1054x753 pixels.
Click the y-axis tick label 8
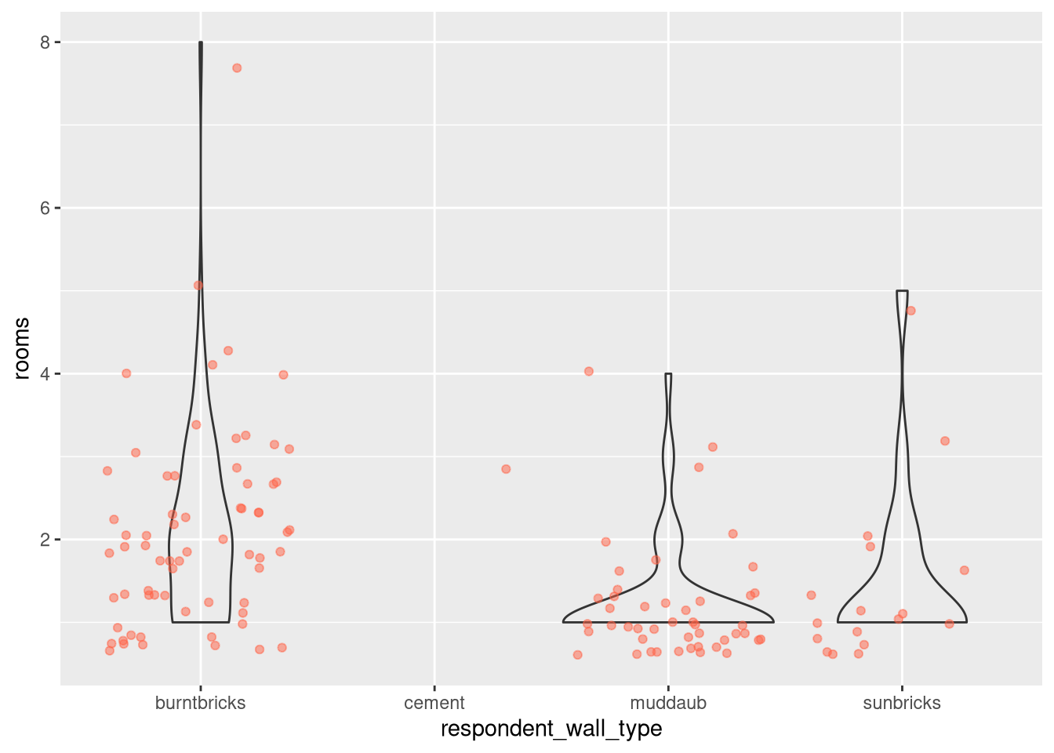click(x=45, y=42)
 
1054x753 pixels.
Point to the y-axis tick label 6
click(x=45, y=208)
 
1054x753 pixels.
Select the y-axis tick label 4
click(x=45, y=374)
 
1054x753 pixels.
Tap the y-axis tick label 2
click(x=45, y=540)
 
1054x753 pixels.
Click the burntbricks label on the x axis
click(x=201, y=703)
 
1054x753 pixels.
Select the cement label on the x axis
click(x=434, y=703)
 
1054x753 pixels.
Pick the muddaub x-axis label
click(x=668, y=703)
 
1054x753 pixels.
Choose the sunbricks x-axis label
click(x=902, y=703)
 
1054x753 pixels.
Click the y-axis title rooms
click(x=22, y=348)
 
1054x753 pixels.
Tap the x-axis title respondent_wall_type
click(x=551, y=729)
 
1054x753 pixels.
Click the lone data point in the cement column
click(x=506, y=469)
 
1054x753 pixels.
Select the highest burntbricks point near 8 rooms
click(x=237, y=68)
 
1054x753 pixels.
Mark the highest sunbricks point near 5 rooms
click(x=910, y=311)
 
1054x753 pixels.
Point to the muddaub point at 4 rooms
click(x=589, y=372)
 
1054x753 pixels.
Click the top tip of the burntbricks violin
click(x=201, y=43)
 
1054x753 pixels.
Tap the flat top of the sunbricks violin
click(x=902, y=291)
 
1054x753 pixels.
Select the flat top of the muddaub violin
click(x=668, y=374)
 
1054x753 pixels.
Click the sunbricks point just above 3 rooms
click(x=945, y=441)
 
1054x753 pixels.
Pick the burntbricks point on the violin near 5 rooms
click(x=198, y=286)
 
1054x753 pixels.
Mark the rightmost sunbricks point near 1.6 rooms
click(x=965, y=570)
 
